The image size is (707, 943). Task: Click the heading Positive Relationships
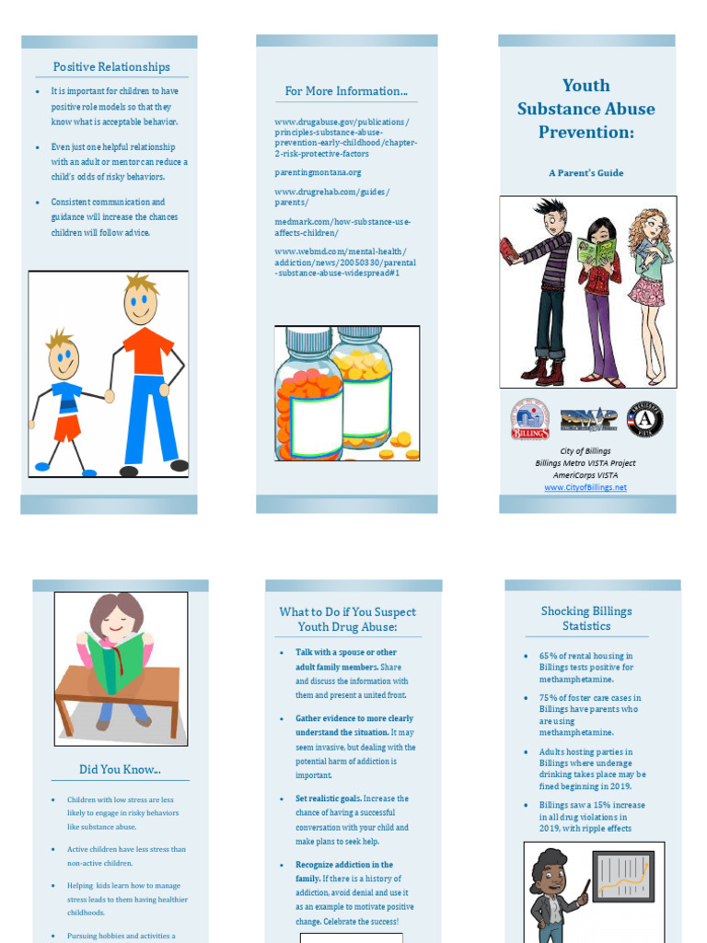(111, 67)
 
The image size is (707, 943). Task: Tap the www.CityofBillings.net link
(585, 487)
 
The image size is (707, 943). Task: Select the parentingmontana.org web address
(318, 172)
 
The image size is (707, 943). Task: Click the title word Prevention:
(586, 133)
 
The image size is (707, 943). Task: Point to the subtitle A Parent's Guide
(586, 173)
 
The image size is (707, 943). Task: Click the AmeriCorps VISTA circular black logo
(645, 419)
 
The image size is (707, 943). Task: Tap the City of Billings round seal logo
(530, 419)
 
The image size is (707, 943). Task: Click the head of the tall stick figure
(141, 300)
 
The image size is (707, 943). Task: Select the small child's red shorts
(67, 427)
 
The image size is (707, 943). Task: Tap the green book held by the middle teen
(596, 250)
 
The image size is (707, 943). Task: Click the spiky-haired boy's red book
(508, 251)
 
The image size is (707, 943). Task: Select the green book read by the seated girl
(115, 660)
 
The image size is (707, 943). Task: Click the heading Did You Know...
(120, 769)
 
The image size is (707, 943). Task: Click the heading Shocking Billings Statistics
(586, 619)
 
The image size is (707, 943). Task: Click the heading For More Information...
(346, 91)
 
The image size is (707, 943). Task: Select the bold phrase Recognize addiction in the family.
(343, 865)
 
